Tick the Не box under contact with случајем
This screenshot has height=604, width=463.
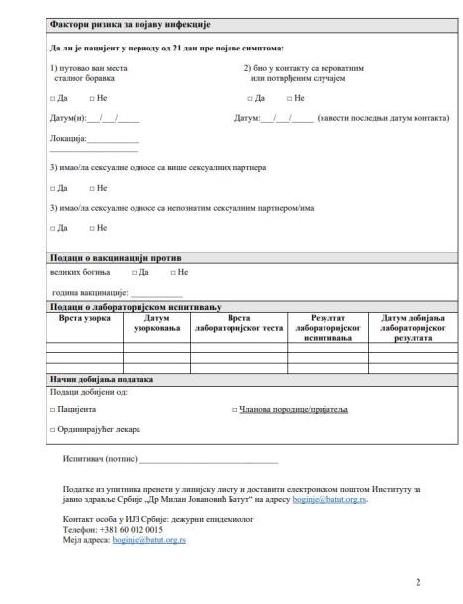[289, 99]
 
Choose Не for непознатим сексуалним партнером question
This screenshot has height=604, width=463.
[91, 229]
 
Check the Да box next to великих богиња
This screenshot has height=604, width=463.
[134, 271]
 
